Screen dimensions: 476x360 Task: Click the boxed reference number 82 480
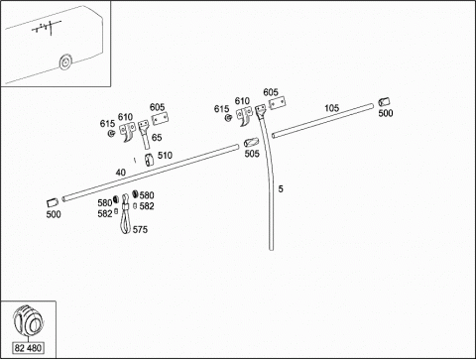[x=28, y=348]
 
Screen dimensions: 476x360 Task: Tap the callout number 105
[x=331, y=108]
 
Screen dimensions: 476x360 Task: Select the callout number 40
[x=121, y=173]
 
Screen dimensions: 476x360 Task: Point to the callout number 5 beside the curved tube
[x=281, y=188]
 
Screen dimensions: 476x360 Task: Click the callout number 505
[x=252, y=154]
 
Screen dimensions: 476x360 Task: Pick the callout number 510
[x=165, y=155]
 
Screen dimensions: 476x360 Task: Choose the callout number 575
[x=140, y=229]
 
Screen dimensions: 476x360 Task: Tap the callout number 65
[x=157, y=137]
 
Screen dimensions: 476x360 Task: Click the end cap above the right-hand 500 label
[x=384, y=102]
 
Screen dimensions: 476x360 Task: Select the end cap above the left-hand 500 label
[x=53, y=202]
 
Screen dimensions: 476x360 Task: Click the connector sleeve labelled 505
[x=252, y=143]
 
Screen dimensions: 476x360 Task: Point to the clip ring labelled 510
[x=149, y=160]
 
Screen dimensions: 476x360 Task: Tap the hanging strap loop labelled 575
[x=125, y=215]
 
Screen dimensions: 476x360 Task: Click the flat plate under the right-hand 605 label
[x=277, y=103]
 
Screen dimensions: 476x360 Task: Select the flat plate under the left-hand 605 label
[x=160, y=119]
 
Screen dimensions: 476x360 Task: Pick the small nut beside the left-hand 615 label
[x=111, y=133]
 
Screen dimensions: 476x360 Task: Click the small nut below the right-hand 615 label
[x=228, y=117]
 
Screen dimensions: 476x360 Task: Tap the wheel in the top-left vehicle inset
[x=65, y=62]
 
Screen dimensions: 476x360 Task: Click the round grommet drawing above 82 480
[x=28, y=320]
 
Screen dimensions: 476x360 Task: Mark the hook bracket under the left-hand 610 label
[x=128, y=131]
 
